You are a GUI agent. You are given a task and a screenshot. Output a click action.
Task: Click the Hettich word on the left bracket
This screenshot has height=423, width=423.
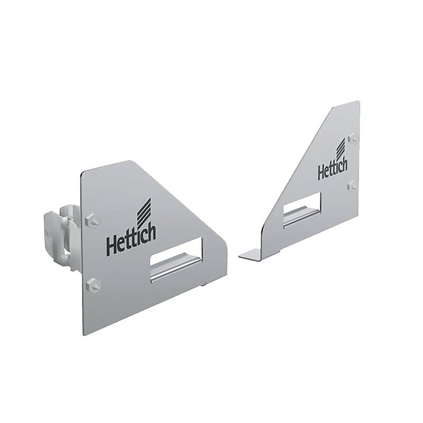(x=131, y=241)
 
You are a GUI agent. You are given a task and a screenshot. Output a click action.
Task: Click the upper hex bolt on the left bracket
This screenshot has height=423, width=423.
(x=93, y=218)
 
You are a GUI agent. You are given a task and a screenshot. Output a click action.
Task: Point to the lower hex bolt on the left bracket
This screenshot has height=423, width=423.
(x=94, y=283)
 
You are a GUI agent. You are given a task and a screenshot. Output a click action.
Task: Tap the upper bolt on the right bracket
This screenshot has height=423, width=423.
(x=353, y=138)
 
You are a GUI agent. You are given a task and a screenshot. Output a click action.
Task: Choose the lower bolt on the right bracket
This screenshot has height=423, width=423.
(x=352, y=185)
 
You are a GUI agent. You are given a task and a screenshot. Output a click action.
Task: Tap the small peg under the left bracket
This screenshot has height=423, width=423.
(x=205, y=285)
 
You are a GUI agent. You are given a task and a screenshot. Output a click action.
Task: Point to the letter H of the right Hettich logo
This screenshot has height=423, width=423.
(x=321, y=172)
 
